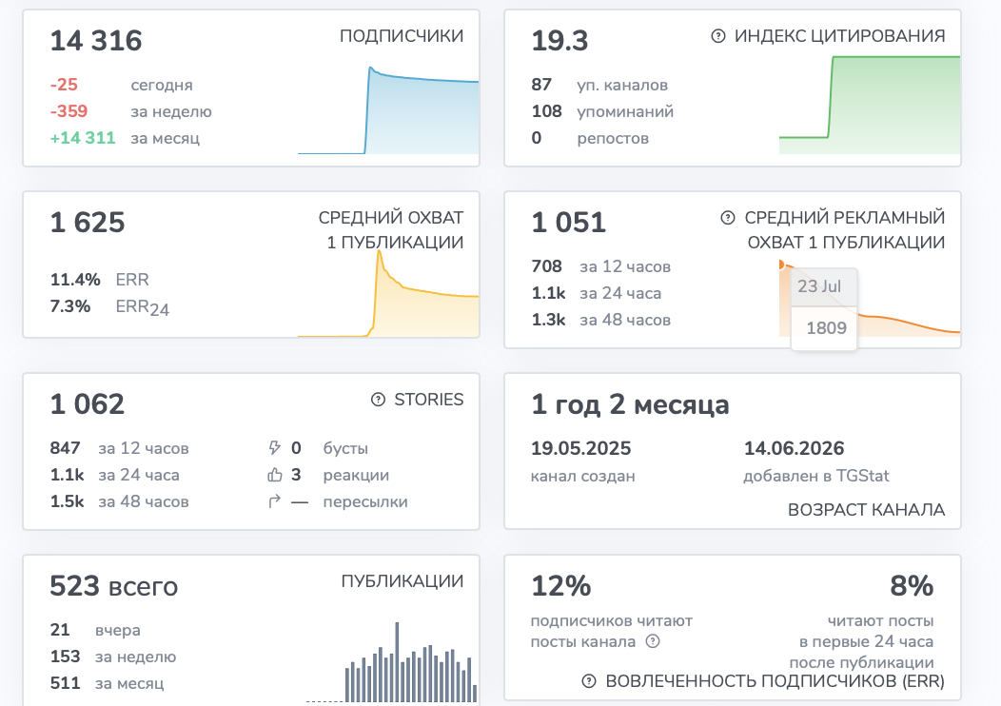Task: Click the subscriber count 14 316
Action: click(96, 41)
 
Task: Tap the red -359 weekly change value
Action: click(69, 111)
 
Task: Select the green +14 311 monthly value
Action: click(83, 138)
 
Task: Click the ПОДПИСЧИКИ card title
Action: click(402, 36)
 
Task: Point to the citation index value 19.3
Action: click(559, 41)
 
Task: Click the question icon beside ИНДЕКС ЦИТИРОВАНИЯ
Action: click(718, 36)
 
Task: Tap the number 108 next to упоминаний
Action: click(546, 111)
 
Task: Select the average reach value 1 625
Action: click(88, 223)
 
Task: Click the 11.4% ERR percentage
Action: click(75, 280)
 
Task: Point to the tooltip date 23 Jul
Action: click(819, 286)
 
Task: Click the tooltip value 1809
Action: click(826, 328)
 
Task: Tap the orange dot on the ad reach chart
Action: click(781, 265)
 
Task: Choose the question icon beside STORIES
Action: click(378, 400)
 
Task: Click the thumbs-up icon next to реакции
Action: click(274, 475)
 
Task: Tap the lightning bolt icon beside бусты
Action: click(274, 448)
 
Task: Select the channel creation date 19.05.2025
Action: click(581, 449)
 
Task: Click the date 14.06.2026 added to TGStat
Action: click(795, 449)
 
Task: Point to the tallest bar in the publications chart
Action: click(397, 661)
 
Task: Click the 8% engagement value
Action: click(912, 586)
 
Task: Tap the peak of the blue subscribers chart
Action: click(370, 68)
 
